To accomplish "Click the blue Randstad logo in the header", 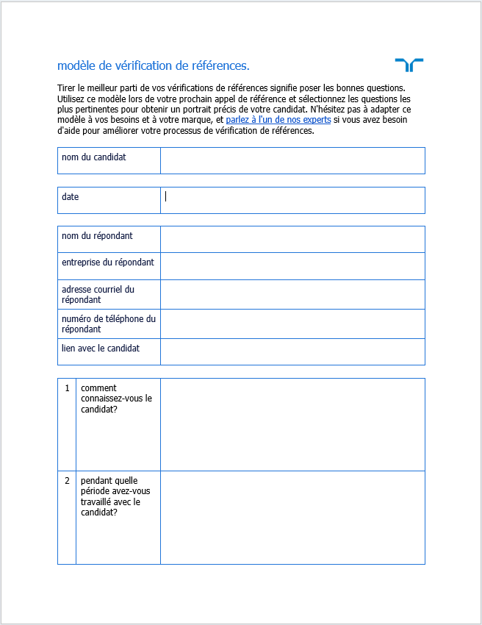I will pyautogui.click(x=409, y=65).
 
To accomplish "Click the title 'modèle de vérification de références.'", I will pyautogui.click(x=153, y=66).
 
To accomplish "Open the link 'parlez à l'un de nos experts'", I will pyautogui.click(x=278, y=119).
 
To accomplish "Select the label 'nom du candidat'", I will pyautogui.click(x=94, y=157).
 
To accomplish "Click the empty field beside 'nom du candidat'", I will pyautogui.click(x=292, y=160).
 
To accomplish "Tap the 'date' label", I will pyautogui.click(x=71, y=197).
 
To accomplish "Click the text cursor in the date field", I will pyautogui.click(x=166, y=196).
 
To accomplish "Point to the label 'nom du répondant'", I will pyautogui.click(x=97, y=236).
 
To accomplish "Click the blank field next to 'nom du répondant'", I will pyautogui.click(x=292, y=239).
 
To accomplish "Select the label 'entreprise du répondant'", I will pyautogui.click(x=108, y=262).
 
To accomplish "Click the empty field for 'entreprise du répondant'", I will pyautogui.click(x=292, y=266).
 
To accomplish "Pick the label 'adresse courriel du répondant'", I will pyautogui.click(x=98, y=294).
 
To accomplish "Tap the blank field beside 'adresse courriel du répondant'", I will pyautogui.click(x=292, y=294).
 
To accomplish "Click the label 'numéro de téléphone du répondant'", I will pyautogui.click(x=109, y=324).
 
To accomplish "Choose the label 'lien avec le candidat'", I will pyautogui.click(x=101, y=348).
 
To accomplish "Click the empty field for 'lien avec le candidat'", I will pyautogui.click(x=292, y=351).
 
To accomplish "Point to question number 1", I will pyautogui.click(x=67, y=388).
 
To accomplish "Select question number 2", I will pyautogui.click(x=67, y=481).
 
